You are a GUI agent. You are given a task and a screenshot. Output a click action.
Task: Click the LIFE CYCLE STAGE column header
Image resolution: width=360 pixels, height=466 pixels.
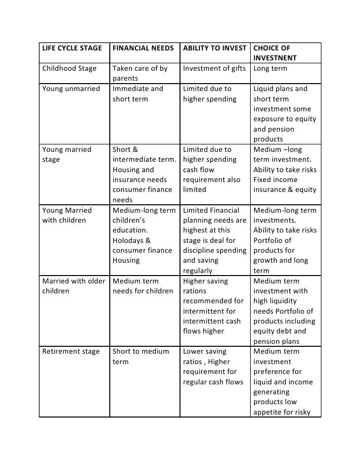tap(72, 49)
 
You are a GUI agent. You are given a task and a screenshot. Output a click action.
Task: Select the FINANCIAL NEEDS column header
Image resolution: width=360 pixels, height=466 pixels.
tap(143, 49)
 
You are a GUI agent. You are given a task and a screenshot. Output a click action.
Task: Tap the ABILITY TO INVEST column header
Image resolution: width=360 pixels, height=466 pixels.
tap(214, 49)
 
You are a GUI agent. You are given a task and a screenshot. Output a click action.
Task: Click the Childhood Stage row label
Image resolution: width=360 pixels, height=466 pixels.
tap(69, 69)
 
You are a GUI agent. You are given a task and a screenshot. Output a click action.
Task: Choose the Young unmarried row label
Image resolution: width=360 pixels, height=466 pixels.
tap(71, 89)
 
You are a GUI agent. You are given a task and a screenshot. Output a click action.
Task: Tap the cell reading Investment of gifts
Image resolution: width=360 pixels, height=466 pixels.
tap(214, 69)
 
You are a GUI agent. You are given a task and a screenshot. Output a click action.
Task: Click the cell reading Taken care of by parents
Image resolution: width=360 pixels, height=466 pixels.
tap(140, 74)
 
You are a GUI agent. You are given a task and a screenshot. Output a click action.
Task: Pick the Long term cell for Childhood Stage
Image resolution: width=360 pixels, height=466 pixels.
tap(270, 69)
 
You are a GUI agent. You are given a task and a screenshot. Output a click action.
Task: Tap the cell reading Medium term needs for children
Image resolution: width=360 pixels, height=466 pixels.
tap(143, 286)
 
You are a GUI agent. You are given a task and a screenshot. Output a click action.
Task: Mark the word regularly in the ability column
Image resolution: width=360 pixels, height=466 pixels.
tap(198, 271)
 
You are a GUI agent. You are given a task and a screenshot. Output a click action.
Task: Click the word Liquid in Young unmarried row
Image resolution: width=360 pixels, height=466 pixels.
tap(265, 89)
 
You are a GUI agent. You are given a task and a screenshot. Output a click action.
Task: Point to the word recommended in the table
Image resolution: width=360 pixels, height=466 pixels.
tap(213, 301)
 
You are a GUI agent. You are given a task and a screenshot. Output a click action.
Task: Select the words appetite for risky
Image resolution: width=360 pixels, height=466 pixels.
tap(282, 412)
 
